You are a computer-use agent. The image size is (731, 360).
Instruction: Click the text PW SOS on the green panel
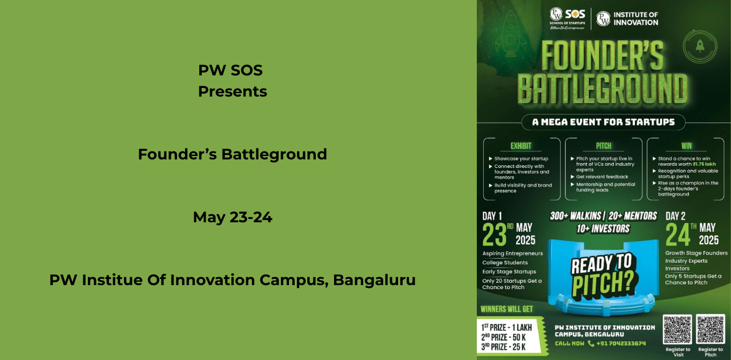coord(230,70)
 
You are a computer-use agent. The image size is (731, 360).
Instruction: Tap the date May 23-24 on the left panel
coord(232,217)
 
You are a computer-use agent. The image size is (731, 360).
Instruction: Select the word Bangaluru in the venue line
coord(374,280)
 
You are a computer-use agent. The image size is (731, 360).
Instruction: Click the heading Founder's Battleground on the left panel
coord(232,154)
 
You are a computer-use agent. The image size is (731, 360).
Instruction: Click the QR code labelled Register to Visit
coord(677,329)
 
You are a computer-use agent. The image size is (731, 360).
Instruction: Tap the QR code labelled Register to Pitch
coord(710,329)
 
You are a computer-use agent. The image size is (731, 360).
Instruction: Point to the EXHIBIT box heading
coord(521,146)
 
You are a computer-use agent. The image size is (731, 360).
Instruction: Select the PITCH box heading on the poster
coord(604,146)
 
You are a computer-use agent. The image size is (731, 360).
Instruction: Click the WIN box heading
coord(686,146)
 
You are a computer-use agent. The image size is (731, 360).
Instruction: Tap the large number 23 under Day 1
coord(495,234)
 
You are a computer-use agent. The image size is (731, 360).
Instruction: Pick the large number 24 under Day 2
coord(678,234)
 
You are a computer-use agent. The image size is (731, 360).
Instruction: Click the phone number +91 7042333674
coord(621,343)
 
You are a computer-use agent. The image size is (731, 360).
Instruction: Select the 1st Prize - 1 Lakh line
coord(507,327)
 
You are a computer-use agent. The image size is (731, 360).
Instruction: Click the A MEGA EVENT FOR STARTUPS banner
coord(603,122)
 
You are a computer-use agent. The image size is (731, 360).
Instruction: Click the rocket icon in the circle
coord(700,46)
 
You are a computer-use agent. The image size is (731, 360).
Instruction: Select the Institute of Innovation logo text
coord(635,18)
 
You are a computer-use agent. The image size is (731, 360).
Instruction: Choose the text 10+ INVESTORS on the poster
coord(603,229)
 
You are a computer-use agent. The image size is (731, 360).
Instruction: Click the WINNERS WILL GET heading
coord(507,309)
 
